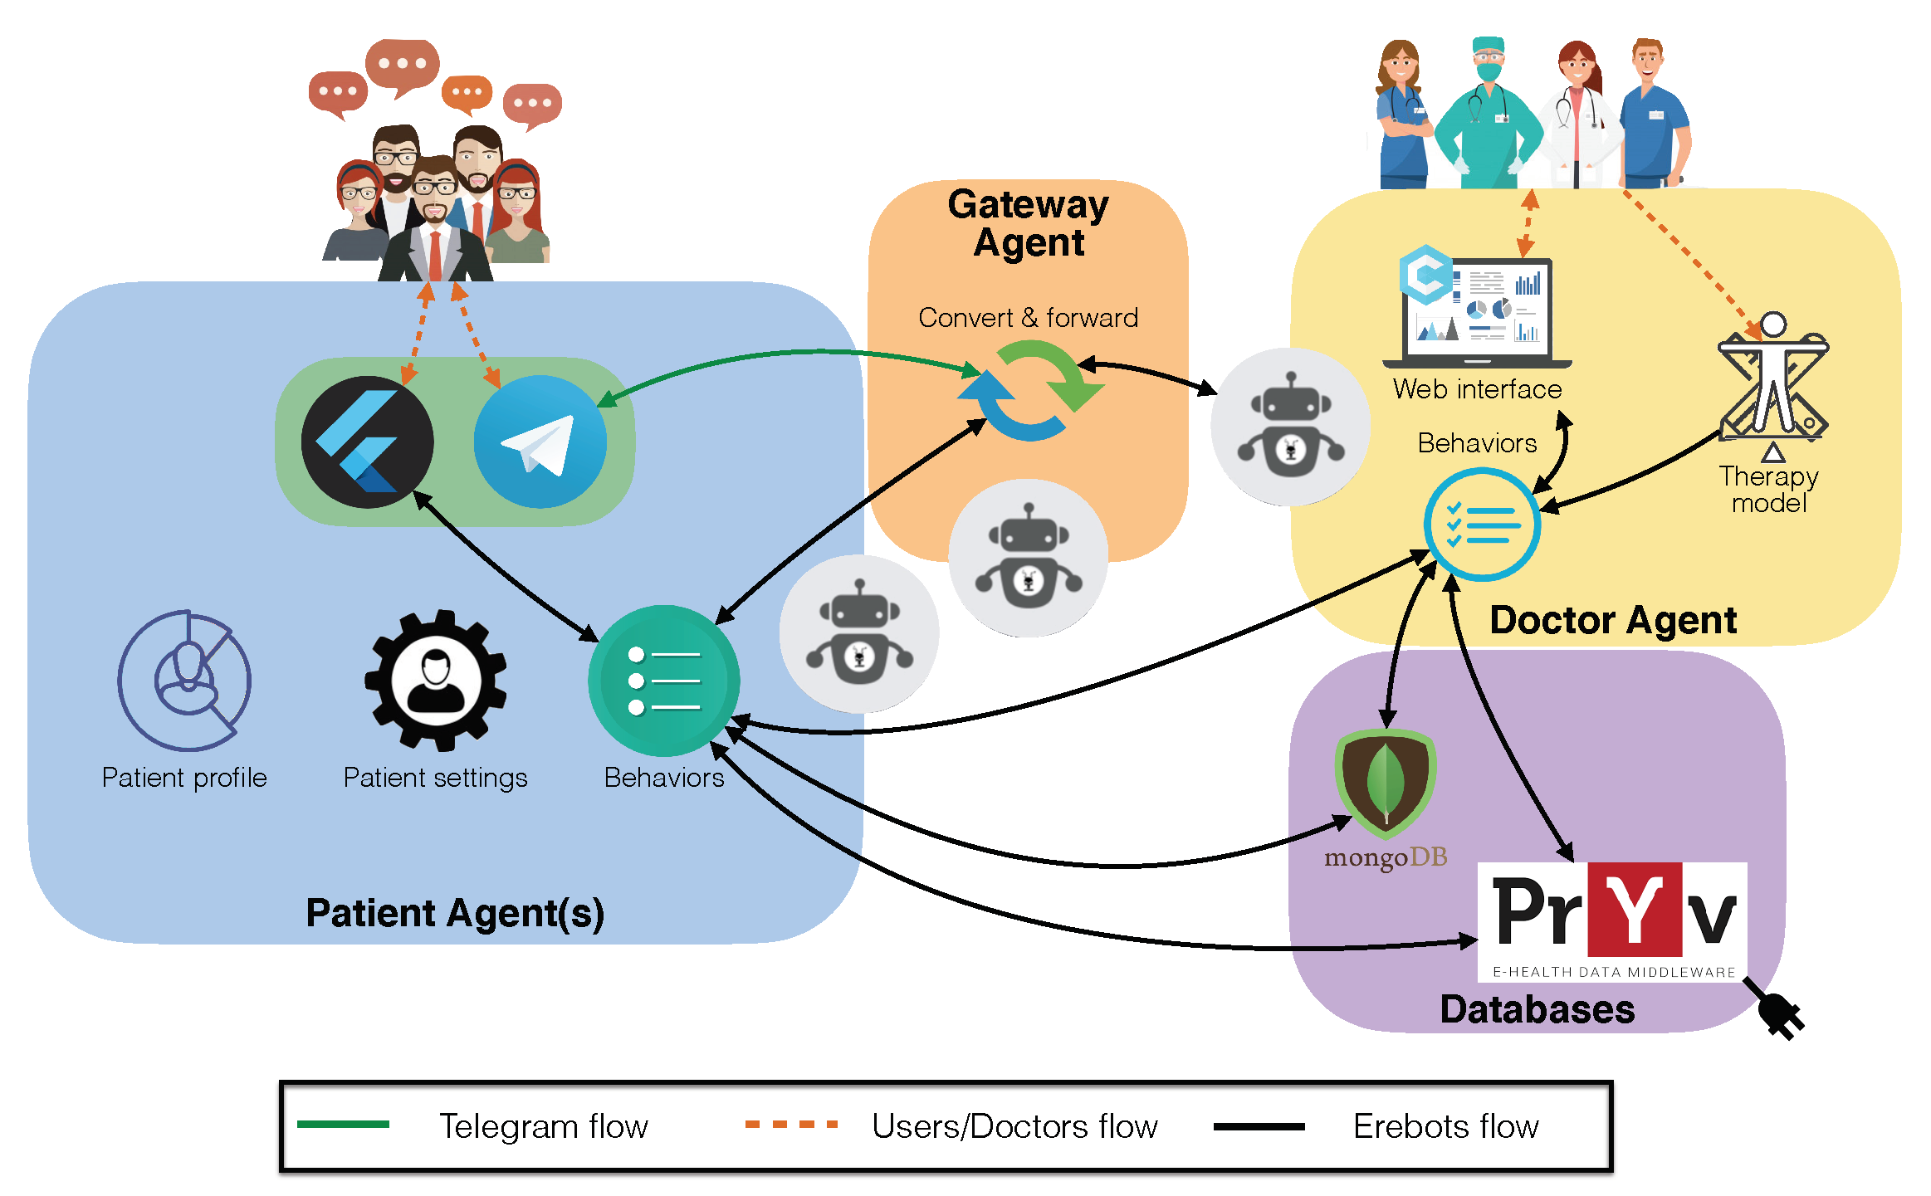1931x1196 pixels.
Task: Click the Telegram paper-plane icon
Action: point(540,442)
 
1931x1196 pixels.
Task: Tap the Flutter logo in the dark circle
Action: point(367,442)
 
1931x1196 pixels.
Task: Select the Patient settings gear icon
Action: point(436,681)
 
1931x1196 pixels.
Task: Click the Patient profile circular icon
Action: point(184,681)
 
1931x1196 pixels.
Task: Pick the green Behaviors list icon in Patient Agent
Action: point(664,681)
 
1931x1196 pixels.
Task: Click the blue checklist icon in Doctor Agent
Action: point(1483,525)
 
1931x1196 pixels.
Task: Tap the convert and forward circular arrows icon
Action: point(1029,390)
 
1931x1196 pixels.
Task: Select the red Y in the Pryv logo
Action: point(1635,910)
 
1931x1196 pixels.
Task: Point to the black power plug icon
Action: point(1775,1008)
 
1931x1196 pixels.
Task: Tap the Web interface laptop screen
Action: point(1477,312)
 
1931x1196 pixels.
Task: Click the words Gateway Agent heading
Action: point(1029,223)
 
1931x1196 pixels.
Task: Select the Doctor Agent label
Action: point(1613,620)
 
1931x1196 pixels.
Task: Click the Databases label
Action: point(1537,1009)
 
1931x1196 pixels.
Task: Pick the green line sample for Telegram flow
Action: point(343,1125)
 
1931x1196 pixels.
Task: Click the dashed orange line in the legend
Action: point(791,1125)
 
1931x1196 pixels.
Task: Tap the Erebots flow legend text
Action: point(1446,1126)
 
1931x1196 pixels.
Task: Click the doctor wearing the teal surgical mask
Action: point(1489,112)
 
